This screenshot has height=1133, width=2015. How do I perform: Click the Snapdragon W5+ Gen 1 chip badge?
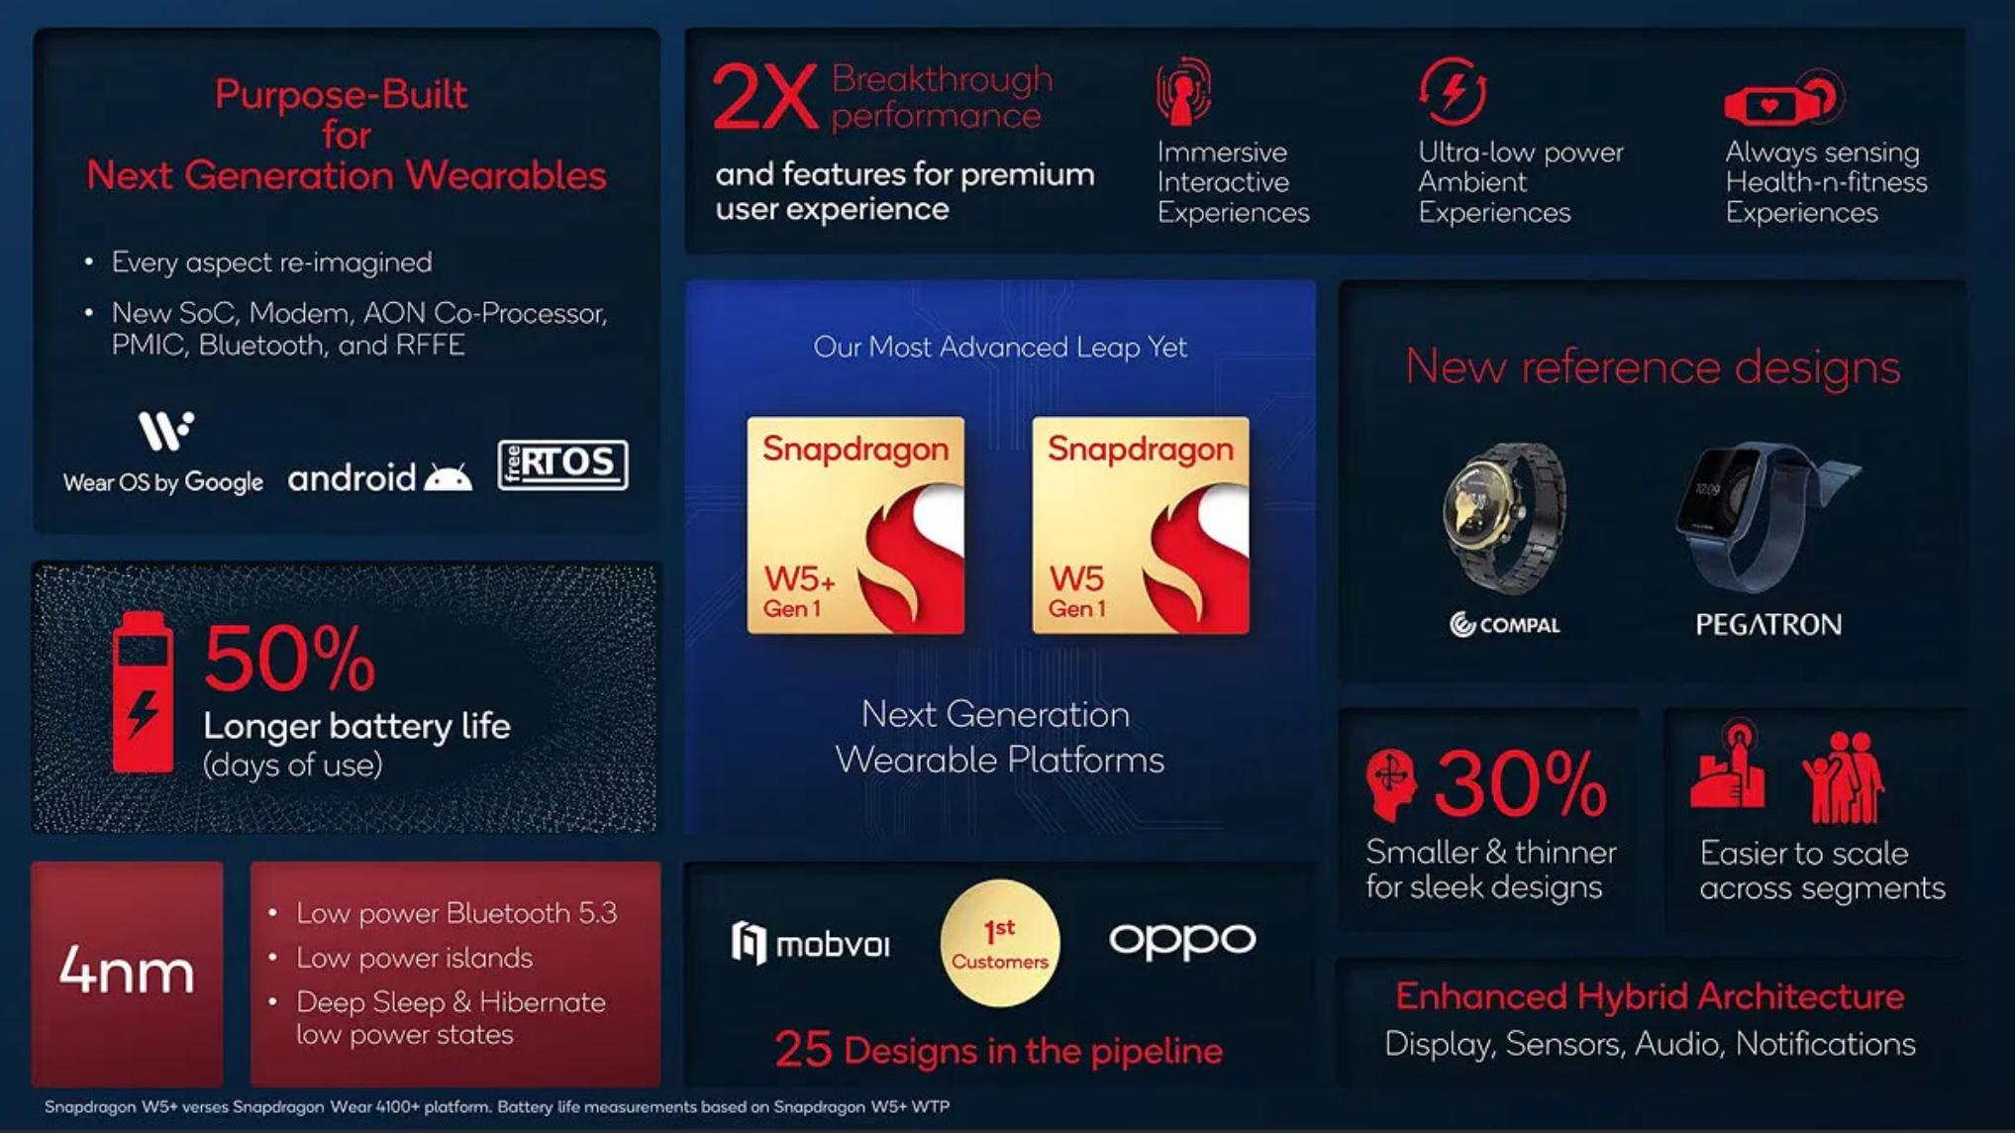click(x=856, y=525)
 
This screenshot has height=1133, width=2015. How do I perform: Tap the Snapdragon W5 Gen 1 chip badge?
click(x=1141, y=525)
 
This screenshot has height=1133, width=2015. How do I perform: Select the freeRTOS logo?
click(x=562, y=464)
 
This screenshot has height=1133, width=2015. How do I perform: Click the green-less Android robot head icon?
click(x=448, y=478)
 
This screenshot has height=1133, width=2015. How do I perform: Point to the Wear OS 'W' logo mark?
click(x=165, y=430)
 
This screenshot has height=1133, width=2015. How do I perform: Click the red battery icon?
click(x=143, y=691)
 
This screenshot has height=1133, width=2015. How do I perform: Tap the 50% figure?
click(x=289, y=659)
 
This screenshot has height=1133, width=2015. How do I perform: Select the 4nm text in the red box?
click(x=127, y=971)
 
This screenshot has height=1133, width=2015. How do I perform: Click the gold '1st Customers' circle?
click(x=1000, y=943)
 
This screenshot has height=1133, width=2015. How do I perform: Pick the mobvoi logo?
click(x=811, y=943)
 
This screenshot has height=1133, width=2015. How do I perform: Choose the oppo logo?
click(x=1182, y=941)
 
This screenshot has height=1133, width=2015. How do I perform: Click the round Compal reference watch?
click(x=1503, y=517)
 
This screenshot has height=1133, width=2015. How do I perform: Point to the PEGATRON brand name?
click(x=1768, y=625)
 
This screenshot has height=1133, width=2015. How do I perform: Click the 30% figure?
click(x=1521, y=784)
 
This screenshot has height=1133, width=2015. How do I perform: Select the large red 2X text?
click(x=764, y=97)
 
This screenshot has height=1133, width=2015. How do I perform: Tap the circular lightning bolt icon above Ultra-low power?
click(x=1453, y=91)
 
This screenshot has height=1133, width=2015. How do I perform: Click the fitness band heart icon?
click(x=1782, y=99)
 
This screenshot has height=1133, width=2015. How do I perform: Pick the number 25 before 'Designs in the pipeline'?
click(x=803, y=1050)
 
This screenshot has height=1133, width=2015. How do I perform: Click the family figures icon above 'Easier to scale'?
click(x=1844, y=778)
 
